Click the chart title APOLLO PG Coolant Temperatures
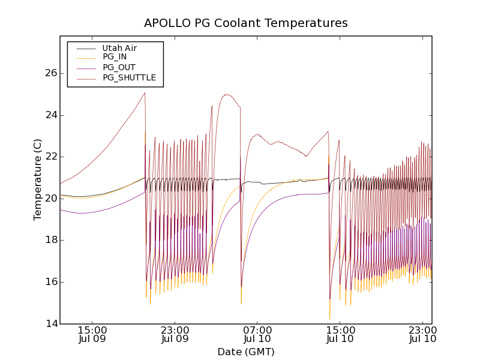click(x=246, y=23)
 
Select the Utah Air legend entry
click(x=119, y=48)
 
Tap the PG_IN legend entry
click(x=115, y=57)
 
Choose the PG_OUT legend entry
click(x=119, y=67)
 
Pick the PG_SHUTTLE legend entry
click(x=129, y=77)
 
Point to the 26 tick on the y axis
click(x=50, y=73)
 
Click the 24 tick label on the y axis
click(x=50, y=115)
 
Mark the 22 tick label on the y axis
click(x=50, y=157)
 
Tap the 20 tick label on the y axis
click(x=50, y=199)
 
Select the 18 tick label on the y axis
click(x=50, y=240)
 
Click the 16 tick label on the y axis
click(x=50, y=282)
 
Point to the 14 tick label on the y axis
click(x=50, y=324)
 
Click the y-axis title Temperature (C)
click(x=38, y=180)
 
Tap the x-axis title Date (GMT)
click(x=246, y=352)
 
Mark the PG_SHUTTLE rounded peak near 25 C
click(x=227, y=94)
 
